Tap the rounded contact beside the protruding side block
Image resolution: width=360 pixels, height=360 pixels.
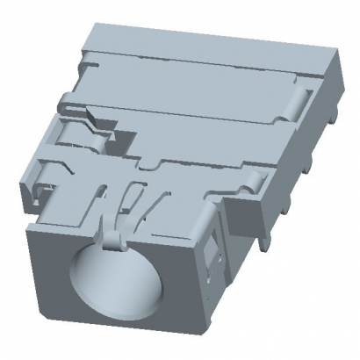tap(254, 183)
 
